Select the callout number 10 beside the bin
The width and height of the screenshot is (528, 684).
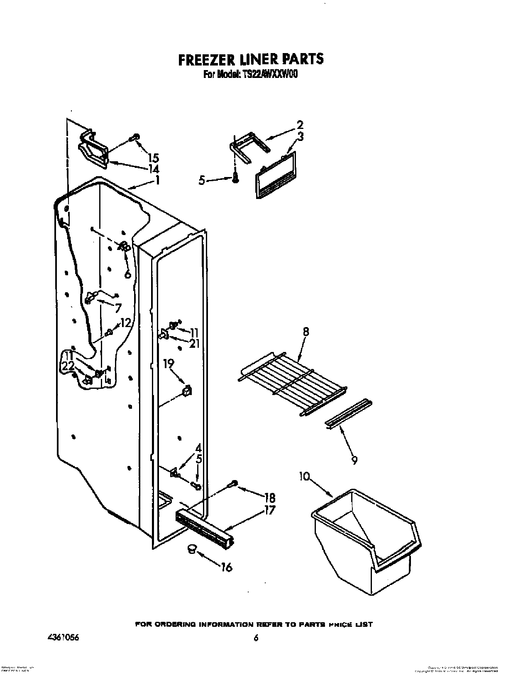click(x=305, y=477)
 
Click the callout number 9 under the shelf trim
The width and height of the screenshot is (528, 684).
click(x=354, y=460)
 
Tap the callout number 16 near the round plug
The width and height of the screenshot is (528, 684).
click(x=226, y=568)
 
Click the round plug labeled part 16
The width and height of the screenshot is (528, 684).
click(x=191, y=548)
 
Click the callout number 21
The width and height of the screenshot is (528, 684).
click(x=194, y=343)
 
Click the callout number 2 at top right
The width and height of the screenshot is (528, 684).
click(x=300, y=125)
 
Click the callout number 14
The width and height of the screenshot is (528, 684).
click(x=153, y=169)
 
